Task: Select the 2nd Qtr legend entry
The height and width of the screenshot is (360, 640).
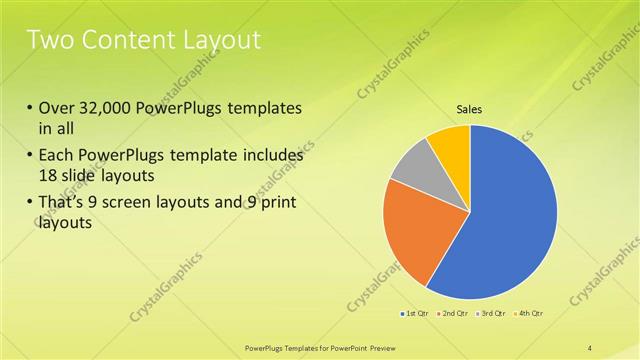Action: pyautogui.click(x=454, y=315)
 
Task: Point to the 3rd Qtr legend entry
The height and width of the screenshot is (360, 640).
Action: pyautogui.click(x=492, y=315)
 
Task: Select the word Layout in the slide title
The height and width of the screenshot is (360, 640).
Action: pyautogui.click(x=221, y=41)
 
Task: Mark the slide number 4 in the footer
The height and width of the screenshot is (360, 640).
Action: pyautogui.click(x=590, y=346)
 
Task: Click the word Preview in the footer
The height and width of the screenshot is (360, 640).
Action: pyautogui.click(x=366, y=346)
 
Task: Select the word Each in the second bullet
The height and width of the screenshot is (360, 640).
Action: pyautogui.click(x=55, y=156)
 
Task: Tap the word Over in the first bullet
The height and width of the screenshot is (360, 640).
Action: pyautogui.click(x=57, y=107)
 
